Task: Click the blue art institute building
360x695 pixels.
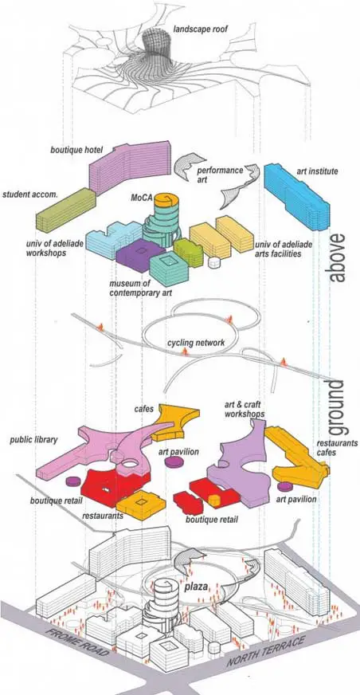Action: click(296, 196)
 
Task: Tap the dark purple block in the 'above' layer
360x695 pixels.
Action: click(140, 255)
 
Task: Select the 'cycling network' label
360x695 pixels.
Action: click(196, 343)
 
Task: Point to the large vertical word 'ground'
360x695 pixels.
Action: click(338, 407)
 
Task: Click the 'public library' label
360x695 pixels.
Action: click(33, 440)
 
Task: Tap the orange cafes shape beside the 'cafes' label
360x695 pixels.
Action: click(175, 422)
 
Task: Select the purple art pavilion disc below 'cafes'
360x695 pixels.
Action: click(173, 462)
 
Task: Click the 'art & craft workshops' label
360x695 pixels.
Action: click(245, 409)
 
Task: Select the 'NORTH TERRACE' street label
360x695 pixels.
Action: click(267, 651)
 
